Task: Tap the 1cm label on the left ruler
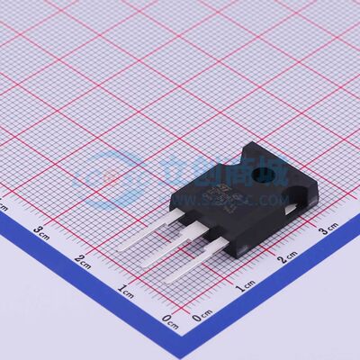point(126,290)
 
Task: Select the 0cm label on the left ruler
point(168,319)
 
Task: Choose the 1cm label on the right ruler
point(245,286)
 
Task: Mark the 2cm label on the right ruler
point(287,258)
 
